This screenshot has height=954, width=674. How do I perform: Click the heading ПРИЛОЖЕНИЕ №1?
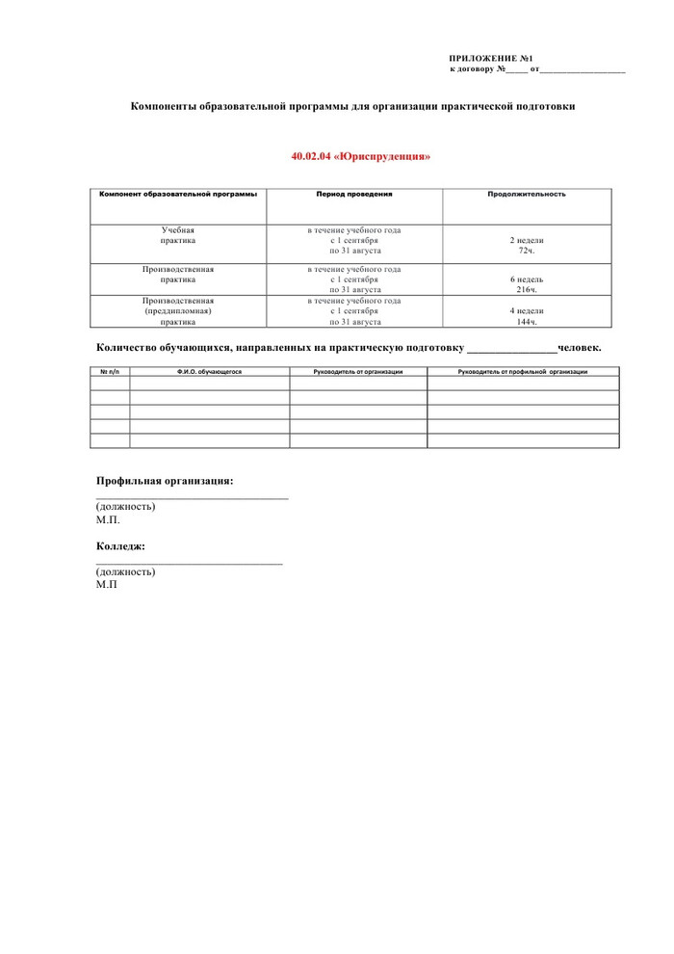(x=490, y=59)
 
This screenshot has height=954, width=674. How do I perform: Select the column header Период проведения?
(x=353, y=194)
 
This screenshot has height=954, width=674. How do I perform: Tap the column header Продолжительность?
(x=527, y=194)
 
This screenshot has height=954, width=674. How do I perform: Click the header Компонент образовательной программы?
(x=178, y=194)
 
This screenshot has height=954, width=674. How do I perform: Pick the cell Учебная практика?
(x=178, y=236)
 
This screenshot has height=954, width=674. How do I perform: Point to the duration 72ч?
(x=527, y=251)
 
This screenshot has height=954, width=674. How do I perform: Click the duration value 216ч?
(x=527, y=289)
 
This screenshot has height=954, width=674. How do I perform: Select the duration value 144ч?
(x=527, y=322)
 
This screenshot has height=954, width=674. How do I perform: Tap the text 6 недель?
(x=527, y=279)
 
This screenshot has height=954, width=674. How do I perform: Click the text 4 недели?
(x=527, y=311)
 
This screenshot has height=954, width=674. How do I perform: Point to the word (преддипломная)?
(x=178, y=311)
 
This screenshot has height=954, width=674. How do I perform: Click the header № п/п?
(x=110, y=372)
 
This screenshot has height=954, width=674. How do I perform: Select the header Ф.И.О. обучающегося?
(x=209, y=372)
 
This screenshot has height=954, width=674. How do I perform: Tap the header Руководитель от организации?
(x=358, y=372)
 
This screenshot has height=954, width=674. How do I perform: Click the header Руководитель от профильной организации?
(x=523, y=372)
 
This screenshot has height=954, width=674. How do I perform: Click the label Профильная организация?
(x=165, y=480)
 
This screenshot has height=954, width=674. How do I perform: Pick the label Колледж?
(x=120, y=546)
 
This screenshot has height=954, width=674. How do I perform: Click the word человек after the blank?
(x=580, y=347)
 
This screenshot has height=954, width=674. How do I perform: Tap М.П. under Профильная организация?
(x=108, y=519)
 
